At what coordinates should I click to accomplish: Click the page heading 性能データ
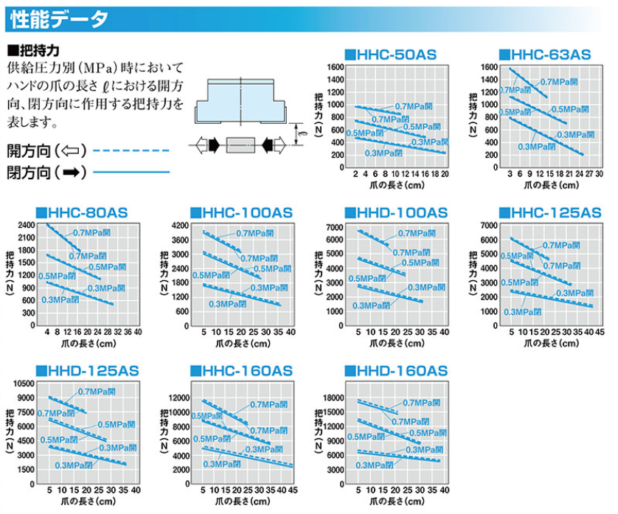point(60,18)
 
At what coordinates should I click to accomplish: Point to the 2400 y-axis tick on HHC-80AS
point(27,225)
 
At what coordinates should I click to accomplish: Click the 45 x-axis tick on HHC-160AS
point(293,490)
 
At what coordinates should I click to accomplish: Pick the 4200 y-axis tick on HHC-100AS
point(181,225)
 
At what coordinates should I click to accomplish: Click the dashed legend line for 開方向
point(133,150)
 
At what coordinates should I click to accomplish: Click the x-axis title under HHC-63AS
point(554,187)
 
